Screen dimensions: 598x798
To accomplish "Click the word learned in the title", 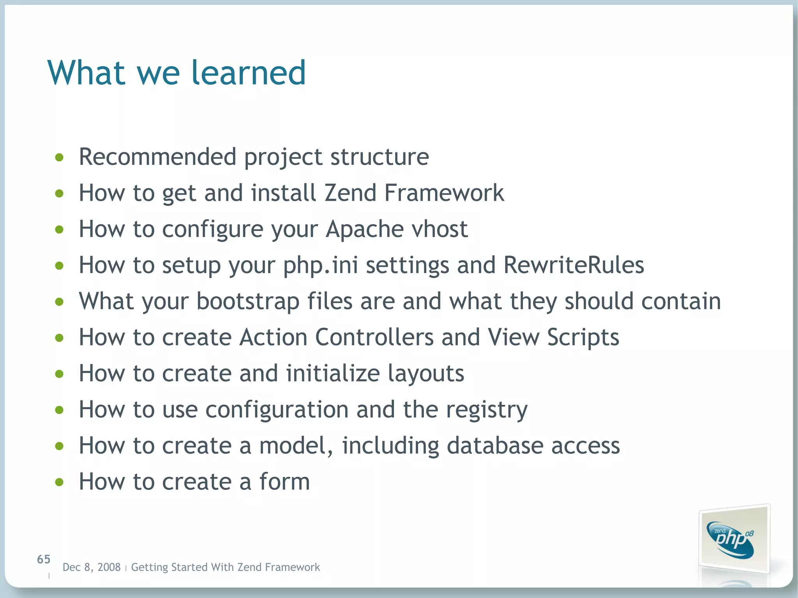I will coord(248,73).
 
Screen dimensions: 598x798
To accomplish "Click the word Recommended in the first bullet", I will coord(157,157).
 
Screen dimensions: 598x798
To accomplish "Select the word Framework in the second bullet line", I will coord(444,193).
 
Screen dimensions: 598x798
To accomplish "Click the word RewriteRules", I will coord(574,265).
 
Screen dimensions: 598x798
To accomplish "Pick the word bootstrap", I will coord(248,302).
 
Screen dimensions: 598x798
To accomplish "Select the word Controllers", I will coord(374,337).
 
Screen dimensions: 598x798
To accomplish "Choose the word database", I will coord(495,446).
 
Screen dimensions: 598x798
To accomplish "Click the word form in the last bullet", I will coord(284,482).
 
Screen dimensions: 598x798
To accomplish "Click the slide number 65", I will coord(44,559).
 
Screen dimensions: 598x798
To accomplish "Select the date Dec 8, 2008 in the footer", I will coord(92,567).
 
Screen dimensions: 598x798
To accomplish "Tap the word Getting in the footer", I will coord(149,568).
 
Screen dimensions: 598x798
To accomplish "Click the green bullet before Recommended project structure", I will coord(59,157).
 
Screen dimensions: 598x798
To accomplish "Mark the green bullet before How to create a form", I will coord(59,483).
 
